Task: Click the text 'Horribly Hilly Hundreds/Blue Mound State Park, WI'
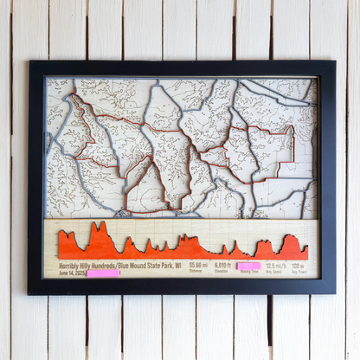click(120, 265)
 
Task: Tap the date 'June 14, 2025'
click(73, 273)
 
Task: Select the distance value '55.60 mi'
click(198, 265)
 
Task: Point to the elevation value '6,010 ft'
click(223, 265)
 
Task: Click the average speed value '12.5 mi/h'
click(276, 265)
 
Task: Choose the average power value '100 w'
click(299, 265)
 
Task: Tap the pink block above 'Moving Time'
click(249, 266)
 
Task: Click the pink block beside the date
click(104, 273)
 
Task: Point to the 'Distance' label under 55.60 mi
click(198, 272)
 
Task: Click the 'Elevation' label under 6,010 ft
click(223, 272)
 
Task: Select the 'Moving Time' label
click(249, 272)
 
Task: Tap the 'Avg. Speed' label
click(276, 272)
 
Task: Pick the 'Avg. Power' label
click(299, 272)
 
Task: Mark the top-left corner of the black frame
click(29, 61)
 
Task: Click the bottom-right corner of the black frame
click(334, 294)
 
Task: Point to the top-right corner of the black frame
click(334, 61)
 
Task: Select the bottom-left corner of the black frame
click(29, 294)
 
